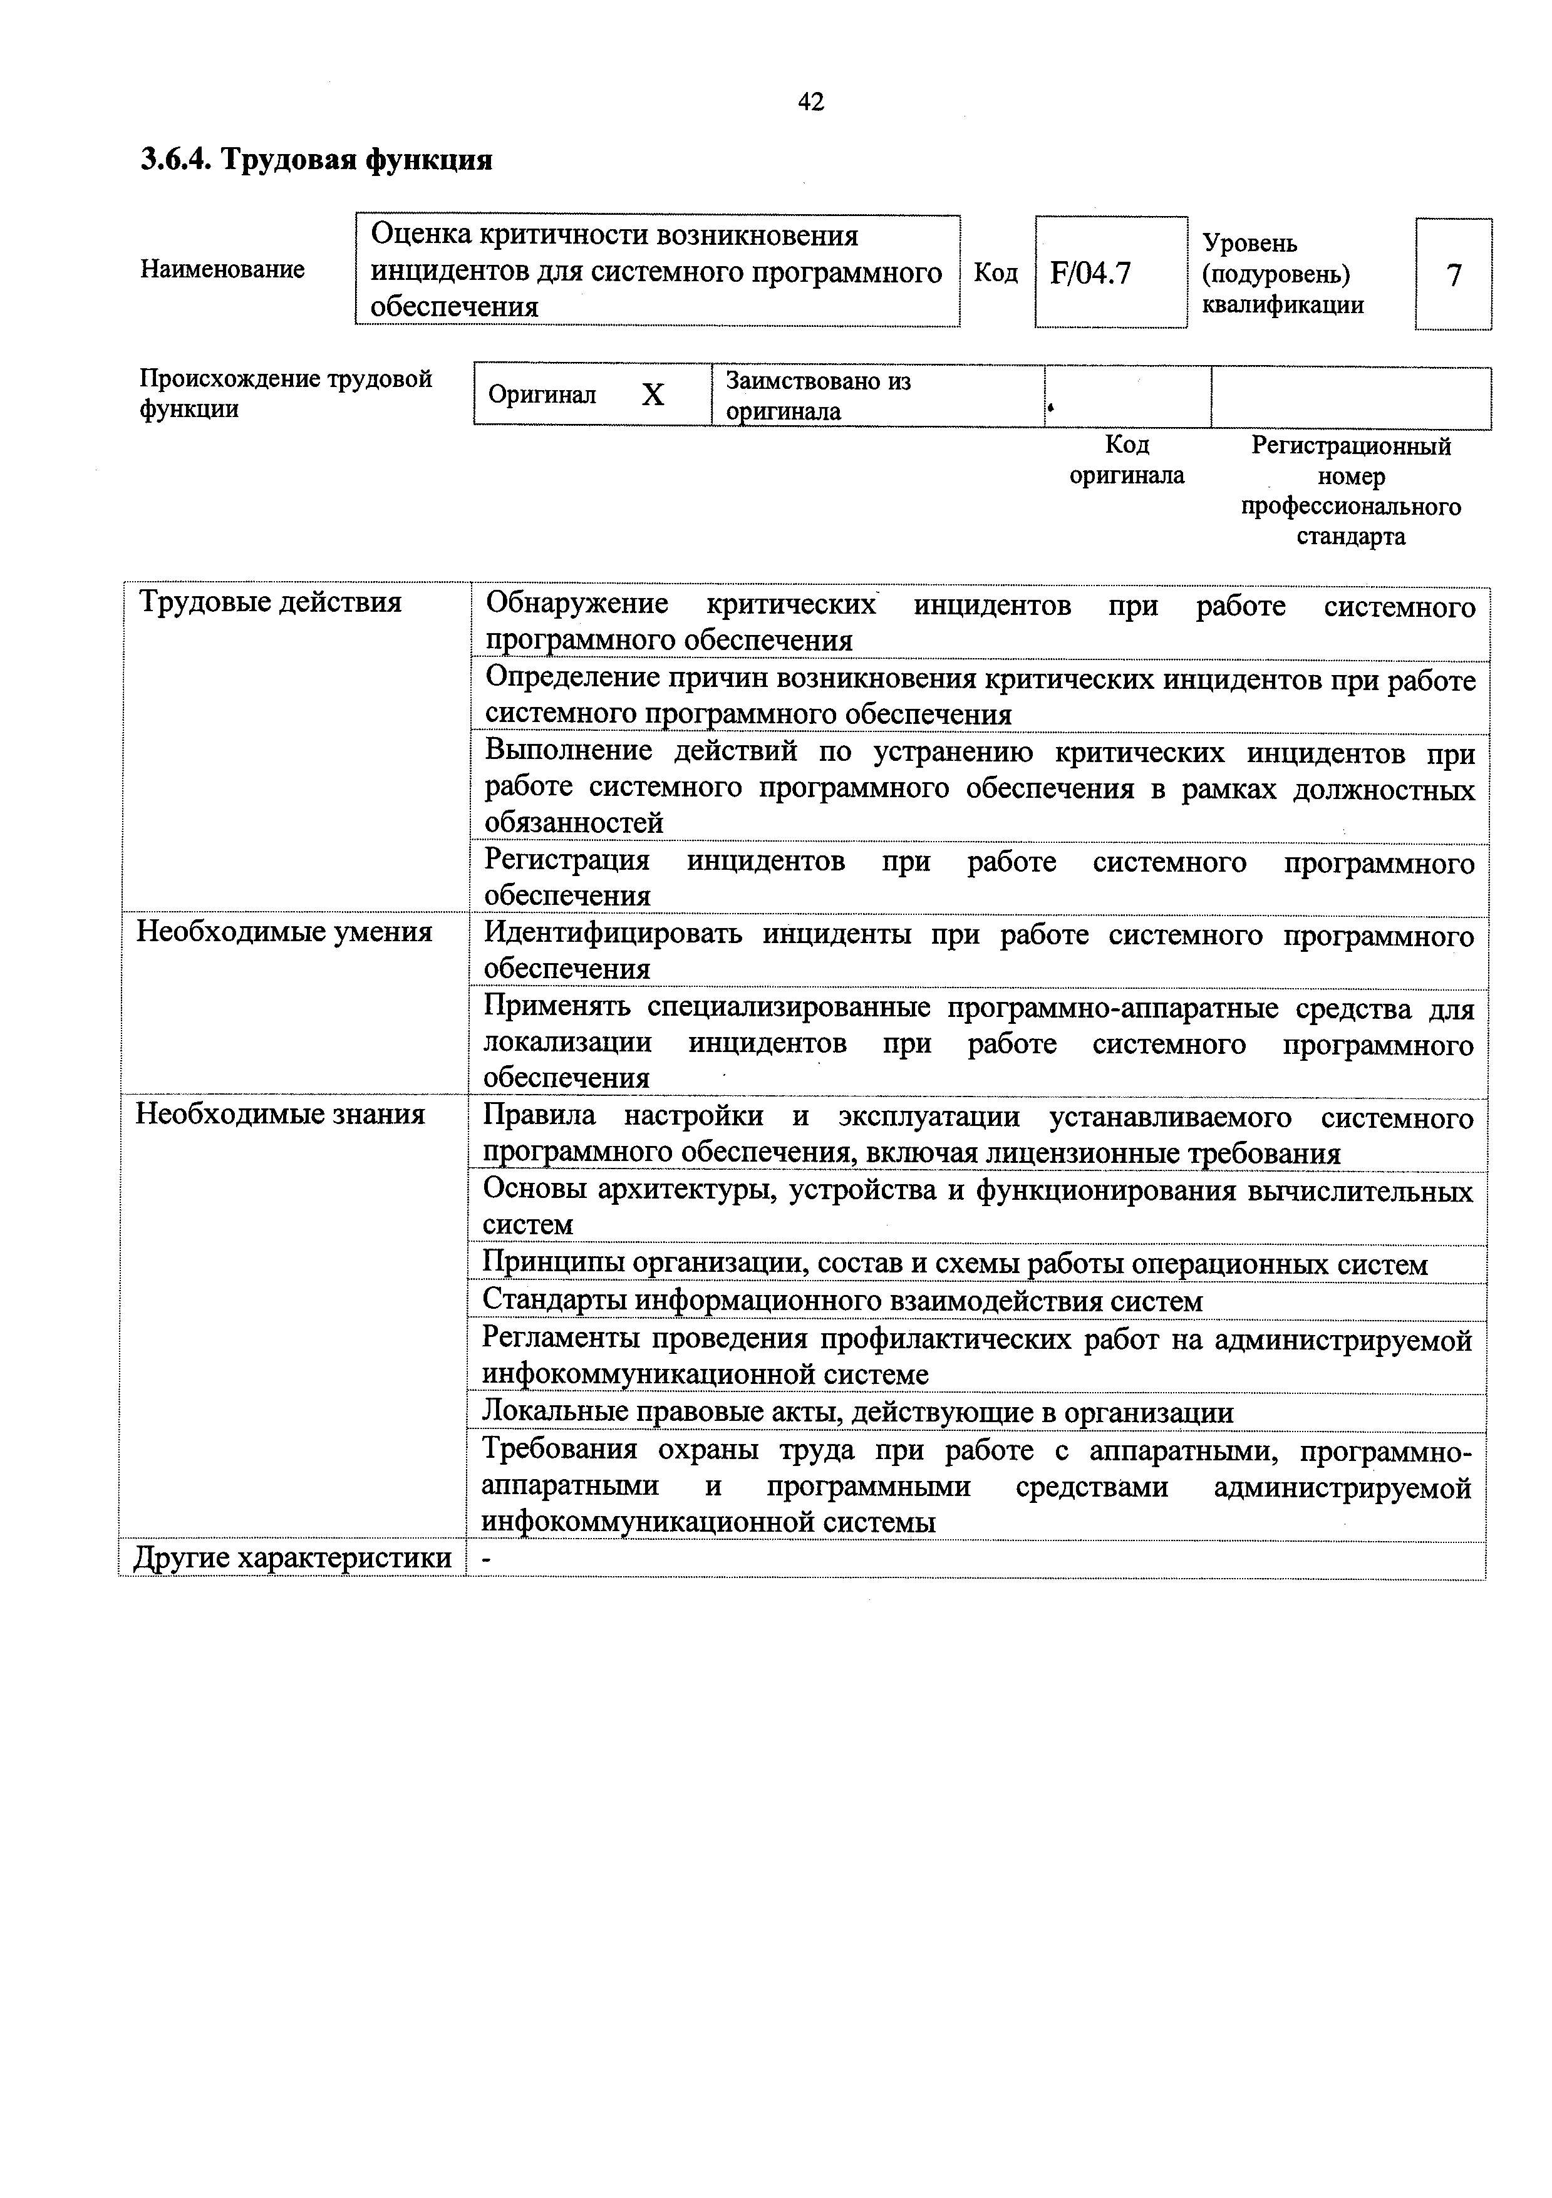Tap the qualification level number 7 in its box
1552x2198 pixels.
(x=1454, y=276)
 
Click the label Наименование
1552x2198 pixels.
(x=222, y=269)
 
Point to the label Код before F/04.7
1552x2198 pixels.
(x=996, y=273)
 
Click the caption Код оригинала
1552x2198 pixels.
(x=1126, y=460)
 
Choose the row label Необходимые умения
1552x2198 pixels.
(x=284, y=931)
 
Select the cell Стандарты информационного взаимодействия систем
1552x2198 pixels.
(x=842, y=1301)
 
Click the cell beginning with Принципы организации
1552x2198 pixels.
(x=954, y=1264)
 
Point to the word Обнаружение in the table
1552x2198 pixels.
(x=576, y=604)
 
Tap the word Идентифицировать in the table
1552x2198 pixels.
(x=612, y=934)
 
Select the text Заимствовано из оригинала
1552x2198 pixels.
(x=819, y=395)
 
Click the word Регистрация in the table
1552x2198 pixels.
(x=567, y=860)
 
